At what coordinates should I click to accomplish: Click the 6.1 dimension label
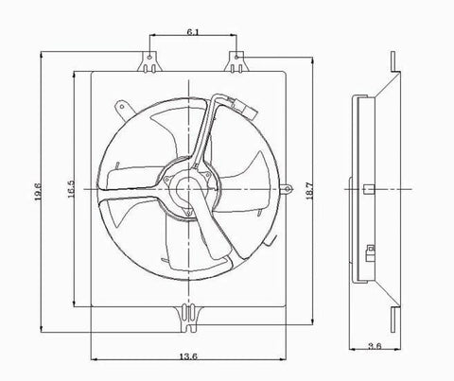(193, 32)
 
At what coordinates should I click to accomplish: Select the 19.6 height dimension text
(39, 192)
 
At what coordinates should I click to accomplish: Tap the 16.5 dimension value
(71, 189)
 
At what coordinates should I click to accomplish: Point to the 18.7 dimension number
(309, 191)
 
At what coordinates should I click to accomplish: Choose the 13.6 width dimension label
(188, 356)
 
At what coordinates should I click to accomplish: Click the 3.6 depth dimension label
(375, 346)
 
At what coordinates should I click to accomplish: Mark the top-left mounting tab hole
(150, 58)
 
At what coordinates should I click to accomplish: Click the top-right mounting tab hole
(236, 57)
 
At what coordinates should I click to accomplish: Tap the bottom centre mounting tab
(188, 319)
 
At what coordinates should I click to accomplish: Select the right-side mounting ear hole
(288, 189)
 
